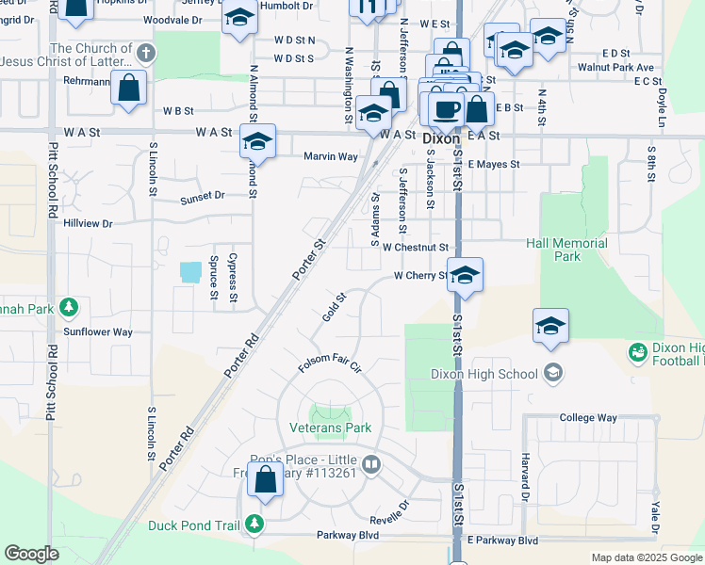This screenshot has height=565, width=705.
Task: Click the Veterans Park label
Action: point(330,428)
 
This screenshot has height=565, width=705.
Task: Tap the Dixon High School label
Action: point(484,373)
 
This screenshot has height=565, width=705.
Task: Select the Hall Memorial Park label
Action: point(566,250)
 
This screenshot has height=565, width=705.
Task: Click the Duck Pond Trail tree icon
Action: point(253,524)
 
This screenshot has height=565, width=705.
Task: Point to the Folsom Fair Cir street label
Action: point(330,363)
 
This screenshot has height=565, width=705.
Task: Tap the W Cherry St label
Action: point(420,276)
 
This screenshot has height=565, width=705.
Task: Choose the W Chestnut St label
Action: point(415,247)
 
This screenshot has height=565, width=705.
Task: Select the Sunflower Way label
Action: point(98,332)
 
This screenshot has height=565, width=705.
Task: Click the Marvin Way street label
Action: point(330,156)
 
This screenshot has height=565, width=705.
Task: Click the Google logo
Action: point(31,554)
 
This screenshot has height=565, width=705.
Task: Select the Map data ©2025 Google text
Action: point(646,557)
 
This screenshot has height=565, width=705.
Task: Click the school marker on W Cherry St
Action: point(465,275)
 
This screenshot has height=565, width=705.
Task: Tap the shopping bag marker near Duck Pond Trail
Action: point(265,479)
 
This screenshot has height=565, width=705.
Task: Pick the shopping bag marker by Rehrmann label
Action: point(129,89)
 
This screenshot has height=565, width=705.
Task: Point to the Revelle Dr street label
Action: point(390,506)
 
